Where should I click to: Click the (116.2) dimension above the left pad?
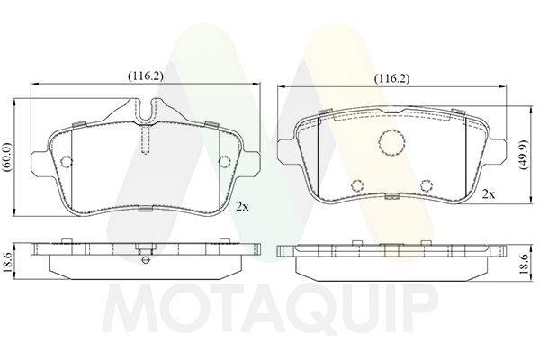tap(145, 77)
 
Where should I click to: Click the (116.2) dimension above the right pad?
tap(391, 78)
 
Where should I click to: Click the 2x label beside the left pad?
tap(240, 206)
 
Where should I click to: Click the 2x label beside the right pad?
tap(489, 193)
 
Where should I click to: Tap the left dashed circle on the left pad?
tap(66, 162)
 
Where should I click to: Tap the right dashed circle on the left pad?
tap(225, 162)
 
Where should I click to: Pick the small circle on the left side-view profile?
tap(145, 258)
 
